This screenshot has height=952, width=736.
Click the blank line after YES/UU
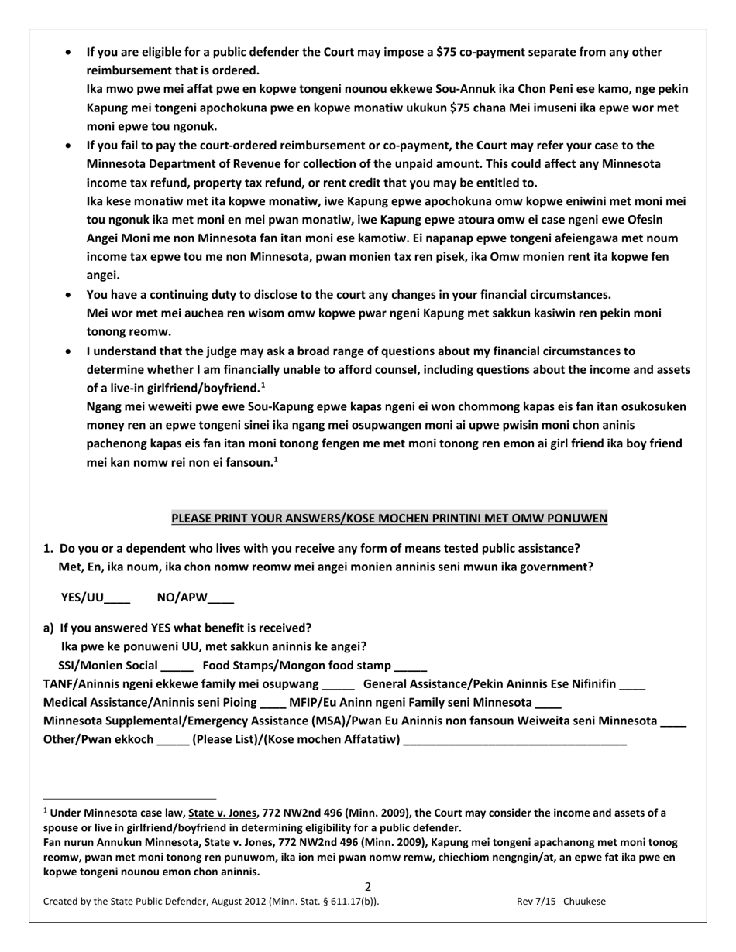click(x=117, y=598)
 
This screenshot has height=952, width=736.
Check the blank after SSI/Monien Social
click(x=177, y=666)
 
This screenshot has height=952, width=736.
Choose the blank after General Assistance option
click(x=632, y=684)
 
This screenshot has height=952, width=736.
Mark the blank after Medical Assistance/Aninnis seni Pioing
click(x=273, y=703)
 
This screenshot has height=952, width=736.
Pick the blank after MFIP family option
click(x=549, y=703)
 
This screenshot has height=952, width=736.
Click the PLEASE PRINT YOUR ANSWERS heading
click(x=389, y=518)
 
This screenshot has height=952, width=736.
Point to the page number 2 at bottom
click(x=367, y=887)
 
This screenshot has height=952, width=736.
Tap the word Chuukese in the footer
click(x=585, y=902)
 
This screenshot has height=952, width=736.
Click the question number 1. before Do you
click(x=48, y=548)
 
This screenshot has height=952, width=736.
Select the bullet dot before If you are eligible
click(x=71, y=53)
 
